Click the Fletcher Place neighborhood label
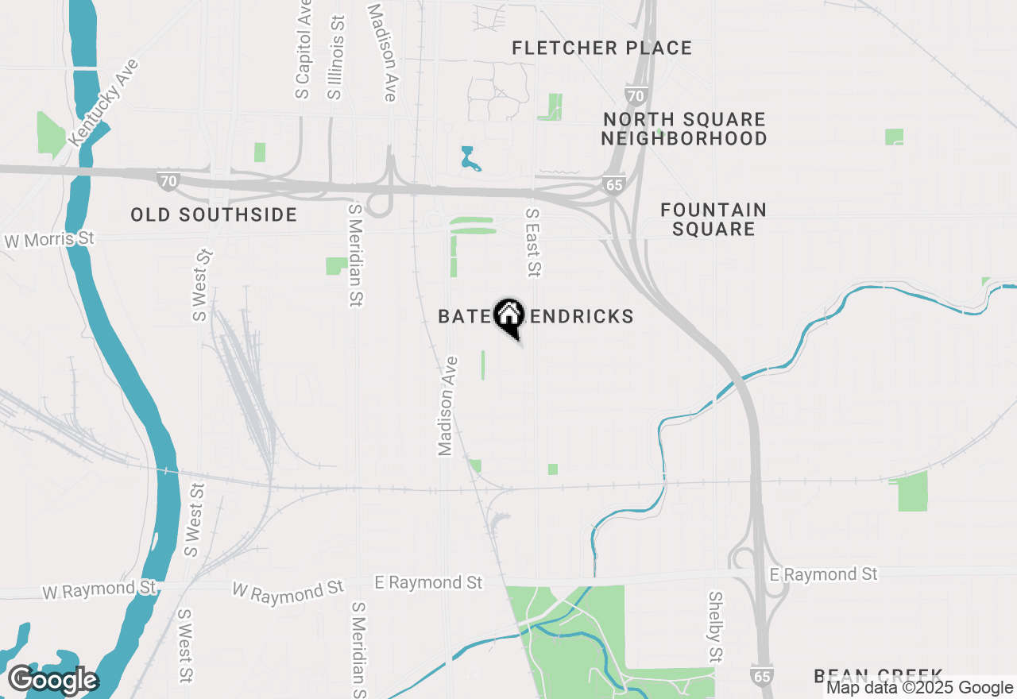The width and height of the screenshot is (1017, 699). [601, 48]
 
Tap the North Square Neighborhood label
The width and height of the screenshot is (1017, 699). [684, 129]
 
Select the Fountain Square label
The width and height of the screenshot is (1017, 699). [713, 219]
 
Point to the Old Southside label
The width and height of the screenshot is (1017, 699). [214, 214]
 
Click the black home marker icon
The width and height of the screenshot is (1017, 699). [508, 316]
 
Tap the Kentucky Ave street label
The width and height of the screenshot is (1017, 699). [104, 102]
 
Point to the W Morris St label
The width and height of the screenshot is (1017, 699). [49, 239]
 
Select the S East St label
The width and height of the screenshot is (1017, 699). [533, 242]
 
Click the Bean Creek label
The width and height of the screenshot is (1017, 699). [878, 676]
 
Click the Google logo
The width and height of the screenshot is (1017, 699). [53, 681]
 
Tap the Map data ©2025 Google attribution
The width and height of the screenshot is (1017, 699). [919, 688]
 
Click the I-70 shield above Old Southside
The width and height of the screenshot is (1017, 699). [168, 181]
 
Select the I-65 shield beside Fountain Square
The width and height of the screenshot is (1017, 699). [613, 184]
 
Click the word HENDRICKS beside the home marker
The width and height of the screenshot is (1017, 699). [581, 317]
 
